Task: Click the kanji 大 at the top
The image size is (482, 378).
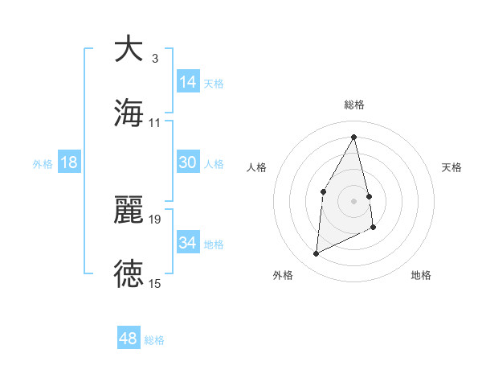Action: coord(129,49)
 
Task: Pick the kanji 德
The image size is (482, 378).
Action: coord(129,274)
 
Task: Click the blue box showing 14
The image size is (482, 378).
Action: coord(188,82)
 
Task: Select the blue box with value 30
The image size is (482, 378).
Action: coord(188,162)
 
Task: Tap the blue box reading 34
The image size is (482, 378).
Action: coord(188,243)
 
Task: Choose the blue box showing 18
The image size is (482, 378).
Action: coord(69,162)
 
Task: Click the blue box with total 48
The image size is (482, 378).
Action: coord(129,339)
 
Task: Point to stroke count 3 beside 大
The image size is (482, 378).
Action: coord(155,59)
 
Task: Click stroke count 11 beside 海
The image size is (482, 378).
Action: coord(155,123)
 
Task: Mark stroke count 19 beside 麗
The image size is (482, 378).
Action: coord(155,219)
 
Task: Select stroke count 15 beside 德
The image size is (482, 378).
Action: coord(155,283)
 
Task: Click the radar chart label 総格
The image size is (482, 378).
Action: coord(354,105)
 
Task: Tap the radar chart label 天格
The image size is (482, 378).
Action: coord(451,167)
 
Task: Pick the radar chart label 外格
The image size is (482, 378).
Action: coord(283,275)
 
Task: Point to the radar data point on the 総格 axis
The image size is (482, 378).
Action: coord(354,137)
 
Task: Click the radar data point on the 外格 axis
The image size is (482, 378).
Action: coord(317,254)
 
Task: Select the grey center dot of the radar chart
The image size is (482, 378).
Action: coord(354,200)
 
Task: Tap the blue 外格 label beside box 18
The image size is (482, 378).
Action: coord(43,163)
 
